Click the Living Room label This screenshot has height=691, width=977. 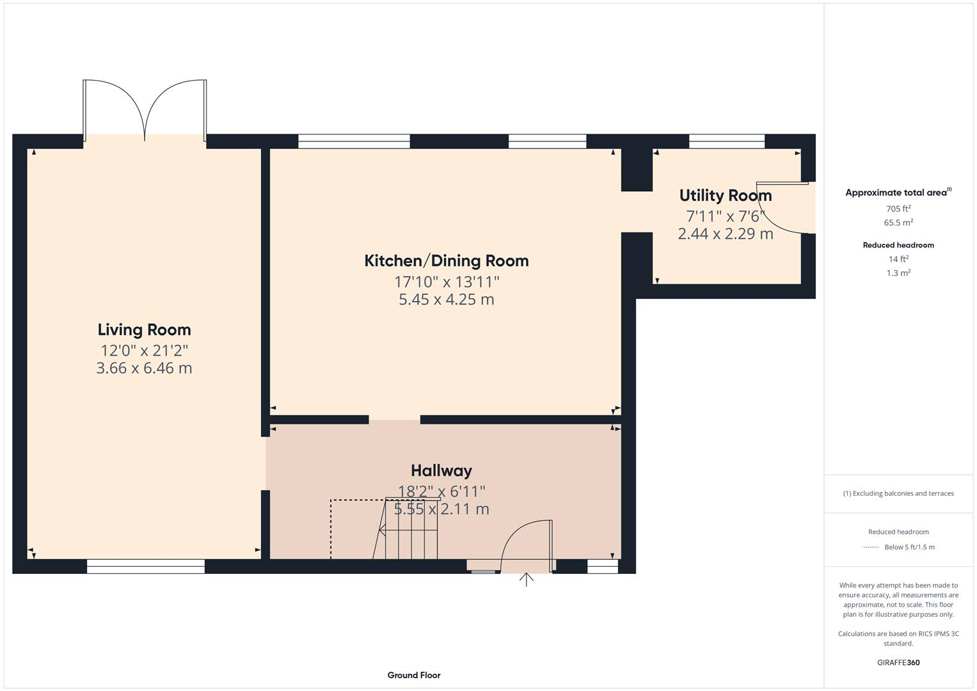pos(144,330)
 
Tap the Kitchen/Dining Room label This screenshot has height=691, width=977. pos(446,260)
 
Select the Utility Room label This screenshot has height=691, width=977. pos(725,195)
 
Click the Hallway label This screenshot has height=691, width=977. pos(441,470)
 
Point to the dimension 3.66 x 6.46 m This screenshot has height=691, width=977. pos(144,368)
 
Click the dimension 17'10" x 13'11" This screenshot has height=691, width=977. pos(446,282)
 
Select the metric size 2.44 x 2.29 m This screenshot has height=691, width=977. pos(725,234)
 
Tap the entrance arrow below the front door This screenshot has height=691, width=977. pos(526,580)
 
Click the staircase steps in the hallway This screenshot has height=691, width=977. pos(409,530)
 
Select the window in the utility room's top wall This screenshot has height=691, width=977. pos(726,141)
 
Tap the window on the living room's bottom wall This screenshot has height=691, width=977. pos(145,566)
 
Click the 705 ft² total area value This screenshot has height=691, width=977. pos(898,209)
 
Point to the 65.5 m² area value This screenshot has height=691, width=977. pos(898,223)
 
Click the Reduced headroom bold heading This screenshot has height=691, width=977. pos(898,245)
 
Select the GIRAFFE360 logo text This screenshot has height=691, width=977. pos(898,662)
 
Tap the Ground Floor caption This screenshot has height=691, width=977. pos(413,675)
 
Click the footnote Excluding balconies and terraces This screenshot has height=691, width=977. pos(898,493)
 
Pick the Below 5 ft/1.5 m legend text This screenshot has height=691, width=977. pos(909,547)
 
